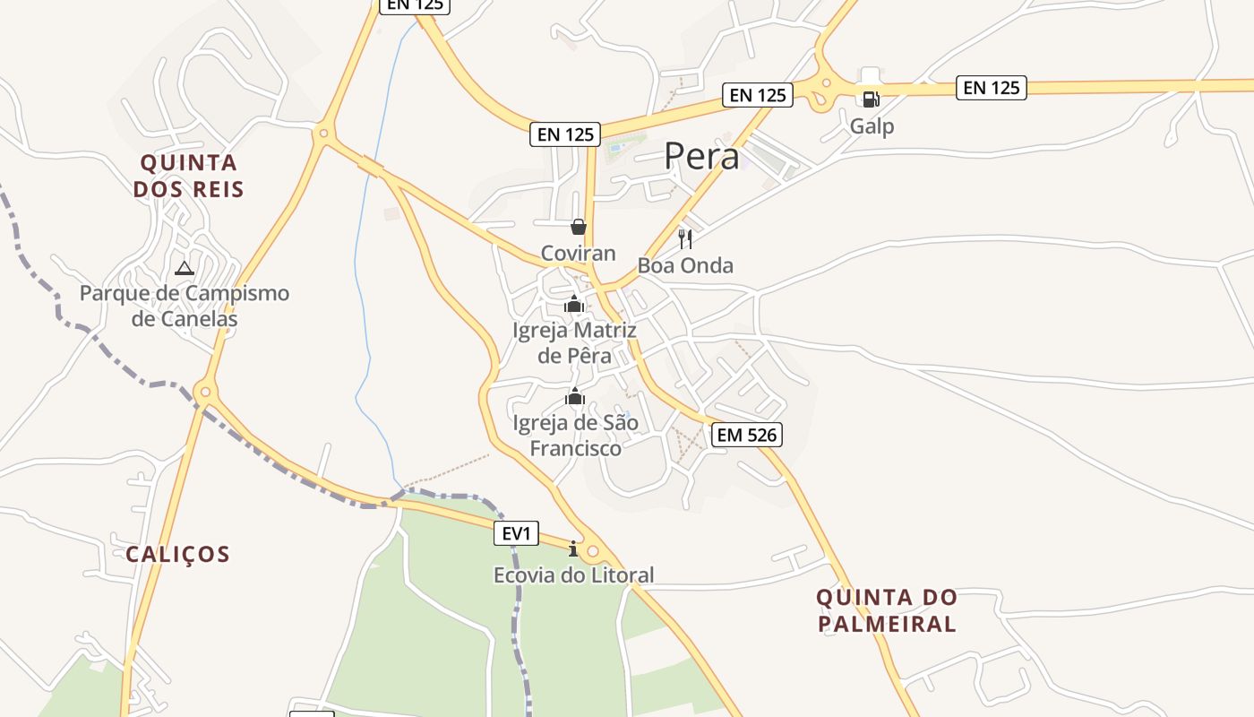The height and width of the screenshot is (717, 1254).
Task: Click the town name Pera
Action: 701,157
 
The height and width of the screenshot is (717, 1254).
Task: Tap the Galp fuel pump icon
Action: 871,99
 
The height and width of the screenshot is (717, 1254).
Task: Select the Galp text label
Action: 872,126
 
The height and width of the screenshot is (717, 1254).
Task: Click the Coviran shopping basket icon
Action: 579,227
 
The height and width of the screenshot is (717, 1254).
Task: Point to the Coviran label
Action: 579,254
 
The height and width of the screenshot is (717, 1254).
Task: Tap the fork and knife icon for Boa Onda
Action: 685,238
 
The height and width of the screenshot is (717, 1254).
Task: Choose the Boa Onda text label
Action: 685,265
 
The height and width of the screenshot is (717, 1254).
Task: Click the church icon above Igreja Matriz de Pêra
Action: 574,305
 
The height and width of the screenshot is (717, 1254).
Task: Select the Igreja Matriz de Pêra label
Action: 574,343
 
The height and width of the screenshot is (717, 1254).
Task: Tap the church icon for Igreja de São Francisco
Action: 574,396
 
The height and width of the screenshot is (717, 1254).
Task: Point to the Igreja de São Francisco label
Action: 575,435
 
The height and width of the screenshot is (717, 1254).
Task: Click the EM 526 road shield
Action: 747,436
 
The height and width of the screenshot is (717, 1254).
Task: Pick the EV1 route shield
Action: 517,534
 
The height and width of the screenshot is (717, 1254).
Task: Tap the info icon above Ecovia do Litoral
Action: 573,549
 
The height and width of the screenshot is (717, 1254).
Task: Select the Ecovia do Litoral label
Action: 574,575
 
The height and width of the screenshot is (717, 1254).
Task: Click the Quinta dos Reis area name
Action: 188,176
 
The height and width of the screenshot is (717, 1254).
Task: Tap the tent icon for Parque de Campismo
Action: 184,268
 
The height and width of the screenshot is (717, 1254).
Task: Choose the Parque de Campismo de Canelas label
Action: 185,306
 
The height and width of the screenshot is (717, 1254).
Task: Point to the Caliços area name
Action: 177,554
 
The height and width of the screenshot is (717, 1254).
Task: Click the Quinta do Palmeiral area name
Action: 886,610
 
